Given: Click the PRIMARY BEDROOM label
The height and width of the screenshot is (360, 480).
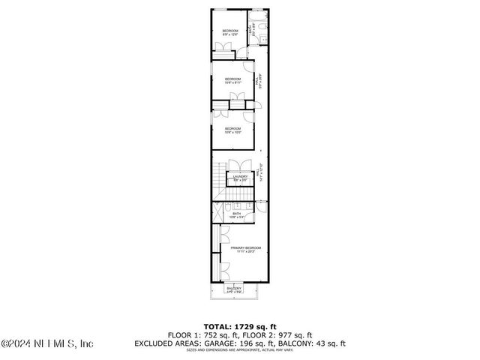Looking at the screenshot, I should tap(245, 249).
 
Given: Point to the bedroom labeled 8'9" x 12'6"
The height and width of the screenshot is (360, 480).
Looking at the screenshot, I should tap(229, 32).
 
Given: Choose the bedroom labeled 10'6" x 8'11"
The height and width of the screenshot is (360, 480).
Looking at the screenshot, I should tap(232, 81).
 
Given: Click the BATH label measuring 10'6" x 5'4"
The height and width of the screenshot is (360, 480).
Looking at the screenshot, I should tap(236, 215).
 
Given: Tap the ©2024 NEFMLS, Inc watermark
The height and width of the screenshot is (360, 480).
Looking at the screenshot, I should tap(46, 344).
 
